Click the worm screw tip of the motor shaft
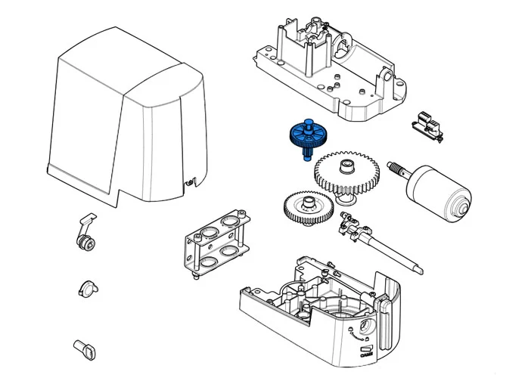coord(394,166)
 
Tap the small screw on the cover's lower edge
coord(188,181)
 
